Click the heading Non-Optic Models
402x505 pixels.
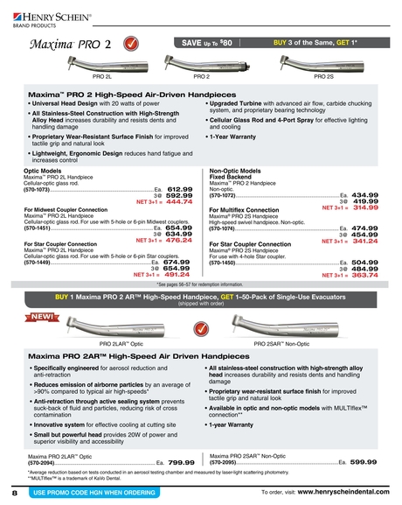tap(239, 172)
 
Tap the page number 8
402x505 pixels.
tap(15, 494)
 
